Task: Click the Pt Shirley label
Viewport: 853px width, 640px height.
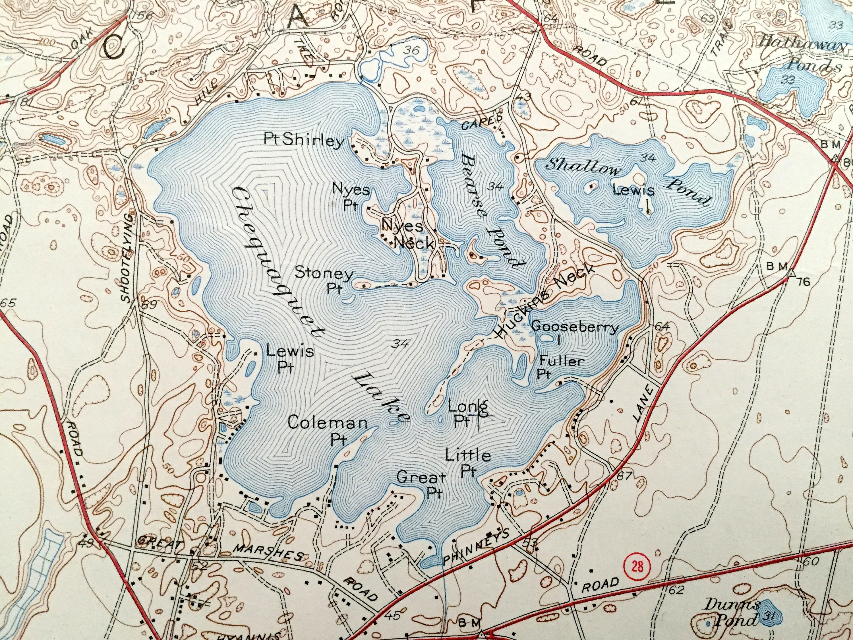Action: point(304,140)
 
